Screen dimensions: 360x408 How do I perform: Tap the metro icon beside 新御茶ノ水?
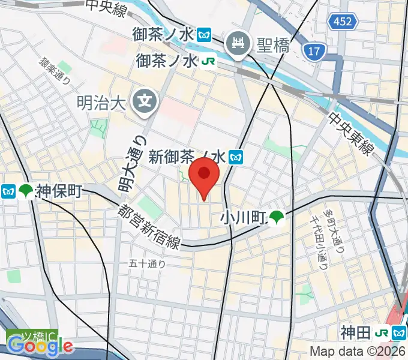pos(236,158)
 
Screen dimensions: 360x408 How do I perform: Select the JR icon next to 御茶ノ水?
pos(207,61)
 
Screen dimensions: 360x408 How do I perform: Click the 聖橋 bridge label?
pos(274,44)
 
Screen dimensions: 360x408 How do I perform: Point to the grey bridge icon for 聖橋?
pos(236,43)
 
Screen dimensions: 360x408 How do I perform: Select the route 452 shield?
pos(343,22)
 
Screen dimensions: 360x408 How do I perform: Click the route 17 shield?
pos(313,52)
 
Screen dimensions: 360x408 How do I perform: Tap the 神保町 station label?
pos(59,191)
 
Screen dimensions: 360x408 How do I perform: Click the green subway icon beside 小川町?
pos(277,217)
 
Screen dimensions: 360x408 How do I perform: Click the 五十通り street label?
pos(147,263)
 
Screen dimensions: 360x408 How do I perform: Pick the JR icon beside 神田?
pos(381,332)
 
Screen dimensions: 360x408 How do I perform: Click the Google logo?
pos(40,345)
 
